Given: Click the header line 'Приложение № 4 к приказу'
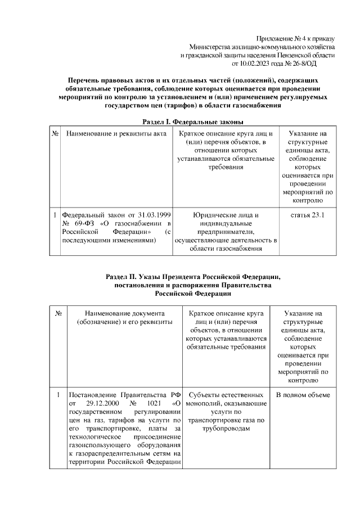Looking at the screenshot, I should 295,37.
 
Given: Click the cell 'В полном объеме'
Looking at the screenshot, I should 303,395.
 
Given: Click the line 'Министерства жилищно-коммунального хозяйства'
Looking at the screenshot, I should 262,46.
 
